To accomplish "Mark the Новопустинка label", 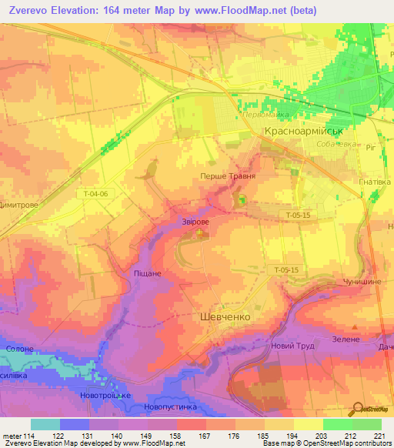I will pyautogui.click(x=170, y=406).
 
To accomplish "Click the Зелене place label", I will pyautogui.click(x=346, y=338).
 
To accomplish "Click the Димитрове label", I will pyautogui.click(x=21, y=206).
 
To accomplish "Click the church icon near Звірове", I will pyautogui.click(x=200, y=232).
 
